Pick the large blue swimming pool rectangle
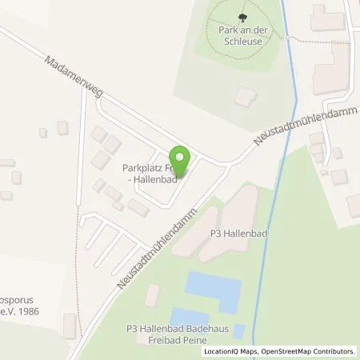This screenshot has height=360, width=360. (214, 291)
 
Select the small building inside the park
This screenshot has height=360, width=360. (245, 98)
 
